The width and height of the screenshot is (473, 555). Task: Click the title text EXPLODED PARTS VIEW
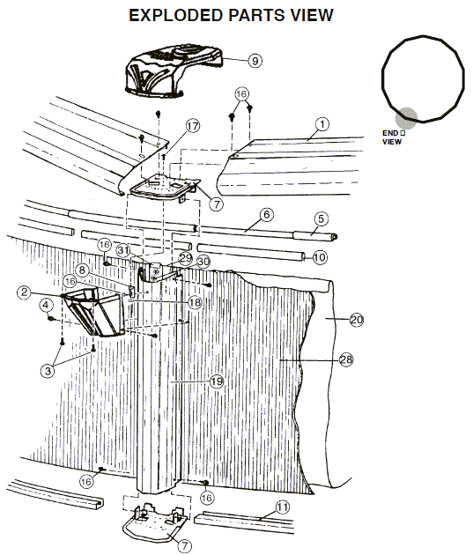[x=232, y=15]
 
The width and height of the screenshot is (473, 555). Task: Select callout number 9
[x=254, y=61]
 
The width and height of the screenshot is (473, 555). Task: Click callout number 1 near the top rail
[x=322, y=124]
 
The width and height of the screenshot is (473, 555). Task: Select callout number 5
[x=321, y=218]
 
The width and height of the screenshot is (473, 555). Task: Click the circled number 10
[x=319, y=257]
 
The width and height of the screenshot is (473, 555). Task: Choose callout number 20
[x=356, y=320]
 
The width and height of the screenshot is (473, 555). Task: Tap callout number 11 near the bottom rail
[x=282, y=507]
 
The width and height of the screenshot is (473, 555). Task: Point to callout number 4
[x=45, y=306]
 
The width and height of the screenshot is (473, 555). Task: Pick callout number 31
[x=125, y=251]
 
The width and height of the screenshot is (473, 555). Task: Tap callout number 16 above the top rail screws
[x=240, y=92]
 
